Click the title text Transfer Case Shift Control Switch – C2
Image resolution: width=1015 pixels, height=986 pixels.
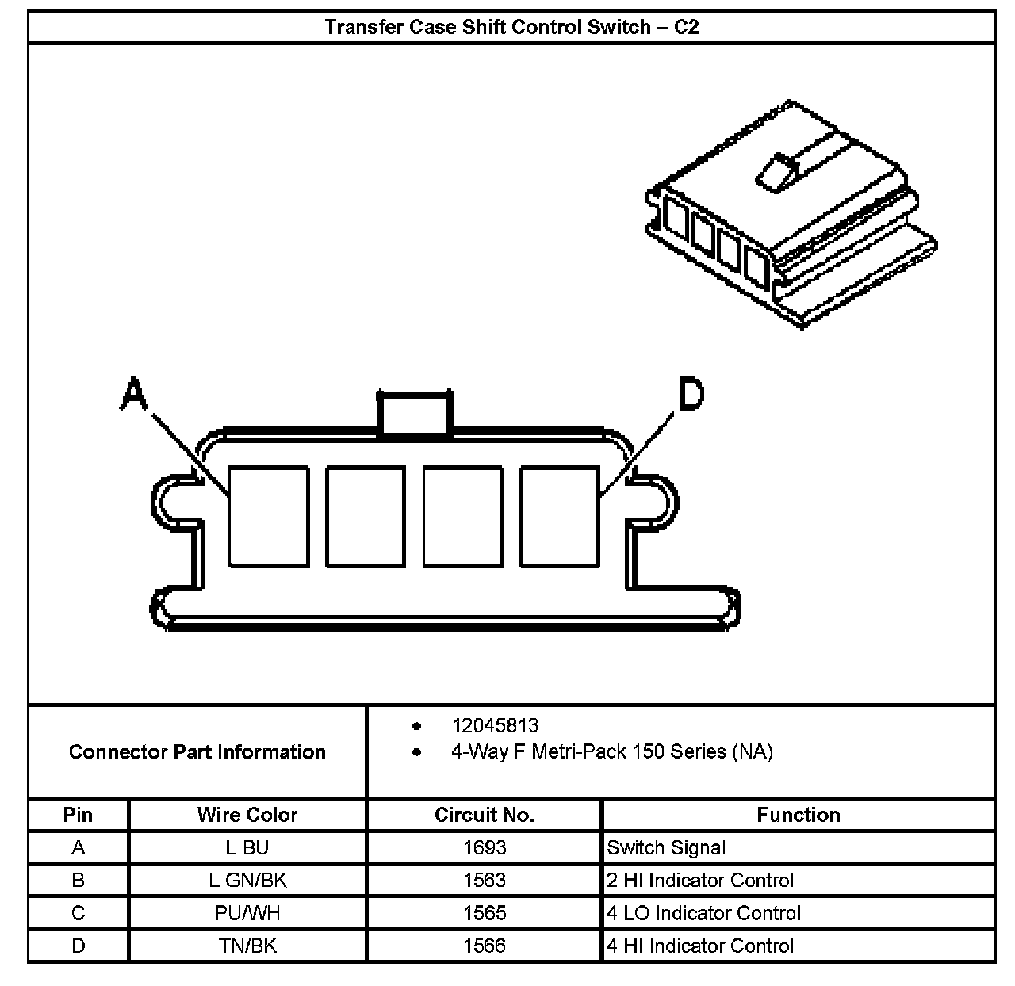pyautogui.click(x=511, y=27)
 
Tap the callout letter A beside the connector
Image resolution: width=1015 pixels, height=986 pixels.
pyautogui.click(x=133, y=394)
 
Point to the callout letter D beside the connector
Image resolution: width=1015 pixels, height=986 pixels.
pyautogui.click(x=690, y=394)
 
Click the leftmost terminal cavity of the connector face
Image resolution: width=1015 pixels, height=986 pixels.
pyautogui.click(x=268, y=517)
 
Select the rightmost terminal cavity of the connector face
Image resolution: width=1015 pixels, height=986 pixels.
pyautogui.click(x=559, y=517)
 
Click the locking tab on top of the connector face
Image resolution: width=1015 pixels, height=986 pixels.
pyautogui.click(x=415, y=412)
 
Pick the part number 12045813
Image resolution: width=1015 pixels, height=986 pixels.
pyautogui.click(x=495, y=725)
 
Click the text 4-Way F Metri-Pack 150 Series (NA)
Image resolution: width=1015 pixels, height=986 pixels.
pyautogui.click(x=611, y=751)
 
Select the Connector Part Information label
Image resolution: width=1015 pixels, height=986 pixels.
pyautogui.click(x=197, y=751)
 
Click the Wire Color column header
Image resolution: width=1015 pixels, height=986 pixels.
pyautogui.click(x=247, y=815)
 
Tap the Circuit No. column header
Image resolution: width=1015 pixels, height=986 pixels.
pyautogui.click(x=484, y=815)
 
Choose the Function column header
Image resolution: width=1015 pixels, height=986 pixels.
pyautogui.click(x=798, y=815)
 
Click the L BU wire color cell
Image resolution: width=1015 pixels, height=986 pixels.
pyautogui.click(x=247, y=847)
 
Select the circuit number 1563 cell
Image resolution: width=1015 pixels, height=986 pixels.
pyautogui.click(x=484, y=881)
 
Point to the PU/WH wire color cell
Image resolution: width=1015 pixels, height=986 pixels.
pyautogui.click(x=247, y=913)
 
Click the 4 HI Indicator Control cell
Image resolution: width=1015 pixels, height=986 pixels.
pyautogui.click(x=700, y=946)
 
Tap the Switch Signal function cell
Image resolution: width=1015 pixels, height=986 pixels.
pyautogui.click(x=666, y=847)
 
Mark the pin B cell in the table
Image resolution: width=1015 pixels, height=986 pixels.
pyautogui.click(x=78, y=881)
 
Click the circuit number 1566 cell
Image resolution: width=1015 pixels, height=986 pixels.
pyautogui.click(x=484, y=946)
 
